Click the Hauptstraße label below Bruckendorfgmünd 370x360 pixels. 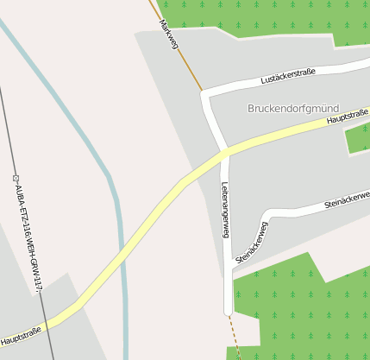pos(348,117)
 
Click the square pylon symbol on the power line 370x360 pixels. pos(16,178)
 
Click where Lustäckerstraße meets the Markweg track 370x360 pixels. pos(204,92)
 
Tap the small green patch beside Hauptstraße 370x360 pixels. pos(357,138)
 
